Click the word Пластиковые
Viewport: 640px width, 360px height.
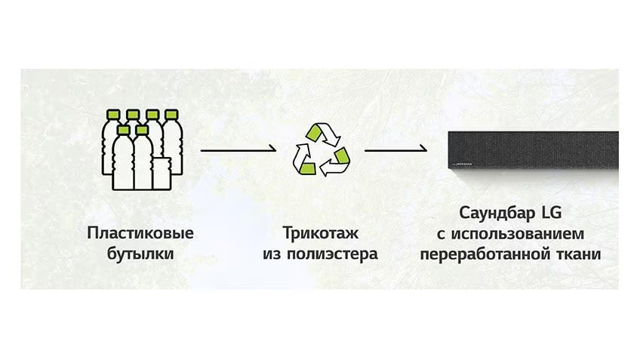(x=140, y=233)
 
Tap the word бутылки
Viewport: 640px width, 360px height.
(x=140, y=254)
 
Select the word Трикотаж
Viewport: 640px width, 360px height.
(x=321, y=233)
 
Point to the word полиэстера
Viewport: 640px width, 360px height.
(x=332, y=254)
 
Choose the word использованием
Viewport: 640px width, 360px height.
(x=518, y=234)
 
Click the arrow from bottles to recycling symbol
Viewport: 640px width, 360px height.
(x=238, y=149)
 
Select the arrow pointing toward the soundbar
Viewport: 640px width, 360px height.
(x=395, y=149)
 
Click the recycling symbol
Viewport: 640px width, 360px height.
(x=322, y=149)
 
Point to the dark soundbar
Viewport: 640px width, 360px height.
(x=533, y=150)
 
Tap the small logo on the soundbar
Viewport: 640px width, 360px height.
(x=462, y=165)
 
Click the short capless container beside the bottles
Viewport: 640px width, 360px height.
(x=162, y=174)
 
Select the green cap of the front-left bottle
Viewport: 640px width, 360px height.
(x=123, y=130)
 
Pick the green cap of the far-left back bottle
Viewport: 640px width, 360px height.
(x=113, y=114)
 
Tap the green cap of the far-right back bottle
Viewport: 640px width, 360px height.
(x=171, y=114)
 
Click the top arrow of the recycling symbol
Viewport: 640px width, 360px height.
(x=325, y=133)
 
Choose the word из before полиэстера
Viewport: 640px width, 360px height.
(x=272, y=254)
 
